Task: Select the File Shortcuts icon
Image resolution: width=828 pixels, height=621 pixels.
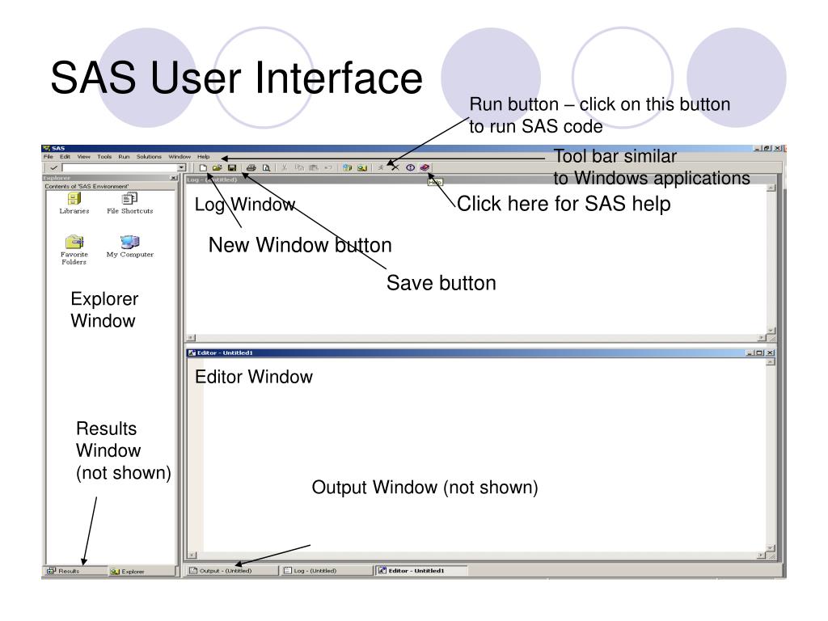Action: tap(129, 201)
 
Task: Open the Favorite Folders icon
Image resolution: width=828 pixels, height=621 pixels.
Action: tap(74, 245)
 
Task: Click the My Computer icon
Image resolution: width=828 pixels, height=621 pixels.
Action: tap(129, 243)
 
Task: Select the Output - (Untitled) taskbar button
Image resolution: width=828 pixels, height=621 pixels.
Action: tap(222, 570)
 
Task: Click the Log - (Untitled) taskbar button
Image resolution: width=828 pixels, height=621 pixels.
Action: tap(311, 570)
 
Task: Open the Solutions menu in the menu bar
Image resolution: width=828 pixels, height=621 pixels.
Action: tap(149, 156)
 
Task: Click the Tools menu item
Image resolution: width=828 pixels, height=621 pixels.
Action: tap(104, 156)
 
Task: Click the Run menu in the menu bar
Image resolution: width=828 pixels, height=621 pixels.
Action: tap(124, 156)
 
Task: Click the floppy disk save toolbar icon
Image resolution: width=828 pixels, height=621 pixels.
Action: tap(232, 167)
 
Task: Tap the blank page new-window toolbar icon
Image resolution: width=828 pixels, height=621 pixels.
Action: tap(204, 167)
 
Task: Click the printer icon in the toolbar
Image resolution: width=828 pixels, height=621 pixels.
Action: tap(251, 167)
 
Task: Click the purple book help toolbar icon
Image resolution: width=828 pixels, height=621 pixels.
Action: tap(425, 167)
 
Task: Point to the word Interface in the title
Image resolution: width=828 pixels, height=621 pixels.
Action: tap(340, 78)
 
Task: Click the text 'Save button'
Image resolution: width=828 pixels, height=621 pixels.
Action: tap(441, 283)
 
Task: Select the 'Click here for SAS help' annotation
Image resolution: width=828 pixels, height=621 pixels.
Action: tap(564, 205)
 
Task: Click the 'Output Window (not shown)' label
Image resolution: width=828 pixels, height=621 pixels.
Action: tap(425, 488)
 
